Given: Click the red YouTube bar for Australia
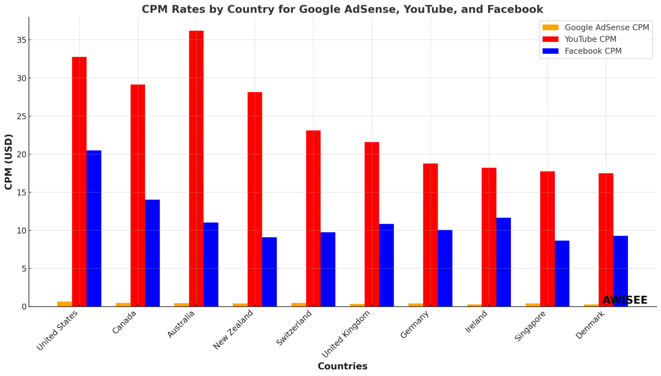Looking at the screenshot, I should pyautogui.click(x=196, y=168).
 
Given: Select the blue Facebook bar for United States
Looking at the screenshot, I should pyautogui.click(x=94, y=228).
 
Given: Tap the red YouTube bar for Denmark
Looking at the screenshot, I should pyautogui.click(x=606, y=239).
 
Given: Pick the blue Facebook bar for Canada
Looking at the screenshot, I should pyautogui.click(x=152, y=253).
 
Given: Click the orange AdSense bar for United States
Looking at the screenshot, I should pyautogui.click(x=65, y=304).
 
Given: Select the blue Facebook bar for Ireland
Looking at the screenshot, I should pyautogui.click(x=503, y=262).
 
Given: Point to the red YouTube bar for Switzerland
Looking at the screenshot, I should pyautogui.click(x=313, y=218).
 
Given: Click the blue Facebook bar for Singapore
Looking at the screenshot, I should pyautogui.click(x=562, y=273).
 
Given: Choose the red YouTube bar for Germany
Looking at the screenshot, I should pyautogui.click(x=430, y=235).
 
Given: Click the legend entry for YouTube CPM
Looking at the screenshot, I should pyautogui.click(x=590, y=39).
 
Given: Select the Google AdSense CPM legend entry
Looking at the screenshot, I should pyautogui.click(x=606, y=28).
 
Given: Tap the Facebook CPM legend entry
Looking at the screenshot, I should pyautogui.click(x=593, y=51).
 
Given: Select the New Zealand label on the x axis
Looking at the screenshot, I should pyautogui.click(x=234, y=329).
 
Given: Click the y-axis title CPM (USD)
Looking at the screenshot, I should pyautogui.click(x=9, y=162).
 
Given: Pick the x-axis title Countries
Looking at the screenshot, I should pyautogui.click(x=343, y=366).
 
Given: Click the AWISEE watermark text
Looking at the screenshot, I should pyautogui.click(x=625, y=300).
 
